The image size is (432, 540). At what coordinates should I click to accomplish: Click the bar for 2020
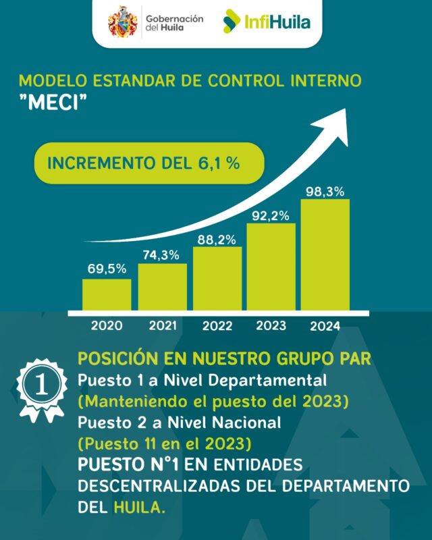pos(107,294)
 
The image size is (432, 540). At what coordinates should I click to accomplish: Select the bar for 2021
pos(162,286)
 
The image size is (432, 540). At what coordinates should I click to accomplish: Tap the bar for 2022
pos(217,277)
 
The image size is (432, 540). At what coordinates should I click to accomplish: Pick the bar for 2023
pos(271,266)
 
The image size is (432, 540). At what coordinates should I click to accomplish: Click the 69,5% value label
pos(107,269)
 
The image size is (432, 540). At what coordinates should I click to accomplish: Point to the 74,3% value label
pos(162,254)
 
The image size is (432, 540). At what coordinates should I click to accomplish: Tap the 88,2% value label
pos(217,238)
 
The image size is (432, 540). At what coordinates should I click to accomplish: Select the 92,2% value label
pos(271,216)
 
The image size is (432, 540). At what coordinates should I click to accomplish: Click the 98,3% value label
pos(325,192)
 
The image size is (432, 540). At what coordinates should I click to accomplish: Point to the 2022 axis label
pos(217,325)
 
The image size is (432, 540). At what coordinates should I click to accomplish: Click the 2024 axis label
pos(325,326)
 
